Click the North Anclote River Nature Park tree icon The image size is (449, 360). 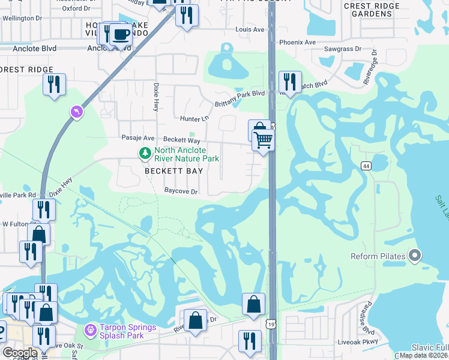(145, 154)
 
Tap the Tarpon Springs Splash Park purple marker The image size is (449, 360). (91, 329)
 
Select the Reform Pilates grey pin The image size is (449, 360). (414, 256)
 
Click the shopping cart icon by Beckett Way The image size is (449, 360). (263, 140)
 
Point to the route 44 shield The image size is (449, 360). (366, 165)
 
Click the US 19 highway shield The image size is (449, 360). (271, 324)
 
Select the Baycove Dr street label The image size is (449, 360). (181, 191)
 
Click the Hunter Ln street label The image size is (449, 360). (194, 118)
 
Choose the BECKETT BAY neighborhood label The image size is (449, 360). (173, 171)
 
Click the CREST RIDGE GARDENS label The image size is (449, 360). (372, 10)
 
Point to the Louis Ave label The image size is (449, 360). (250, 29)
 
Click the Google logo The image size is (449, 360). (20, 352)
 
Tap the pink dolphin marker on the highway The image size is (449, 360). (76, 112)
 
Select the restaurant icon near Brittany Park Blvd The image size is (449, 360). (290, 82)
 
